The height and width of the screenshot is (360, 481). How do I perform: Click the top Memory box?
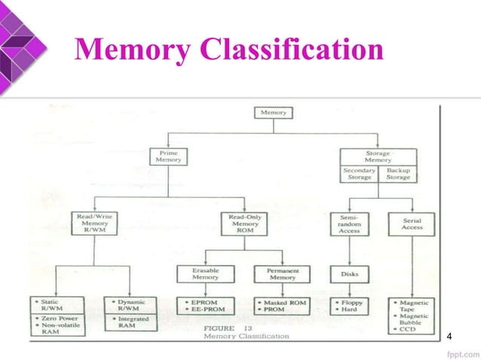[272, 113]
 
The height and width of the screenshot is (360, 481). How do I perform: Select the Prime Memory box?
[168, 156]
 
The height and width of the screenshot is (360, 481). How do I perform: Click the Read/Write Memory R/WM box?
[93, 223]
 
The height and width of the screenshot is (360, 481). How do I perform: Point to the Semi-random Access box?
[348, 222]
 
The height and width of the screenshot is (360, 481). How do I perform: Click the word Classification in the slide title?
[290, 52]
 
